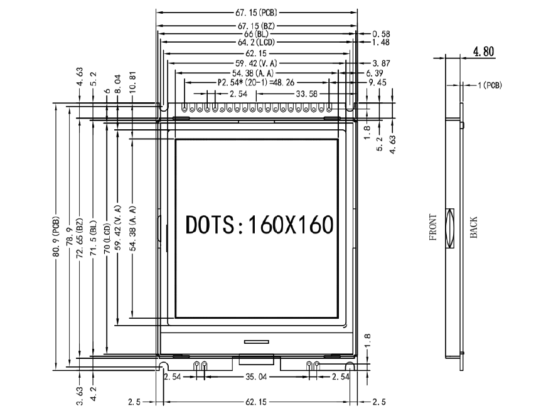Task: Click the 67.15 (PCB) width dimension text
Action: pyautogui.click(x=256, y=13)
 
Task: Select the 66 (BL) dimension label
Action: pyautogui.click(x=256, y=34)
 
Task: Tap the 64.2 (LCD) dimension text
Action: pyautogui.click(x=256, y=43)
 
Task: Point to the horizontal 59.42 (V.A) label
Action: pyautogui.click(x=256, y=63)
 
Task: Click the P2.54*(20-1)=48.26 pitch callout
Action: pyautogui.click(x=256, y=83)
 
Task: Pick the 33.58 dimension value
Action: pyautogui.click(x=306, y=94)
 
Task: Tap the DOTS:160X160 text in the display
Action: pyautogui.click(x=259, y=225)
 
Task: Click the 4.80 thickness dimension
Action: pyautogui.click(x=483, y=51)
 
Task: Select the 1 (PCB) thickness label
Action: pyautogui.click(x=490, y=85)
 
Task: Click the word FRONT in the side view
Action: pyautogui.click(x=432, y=227)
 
